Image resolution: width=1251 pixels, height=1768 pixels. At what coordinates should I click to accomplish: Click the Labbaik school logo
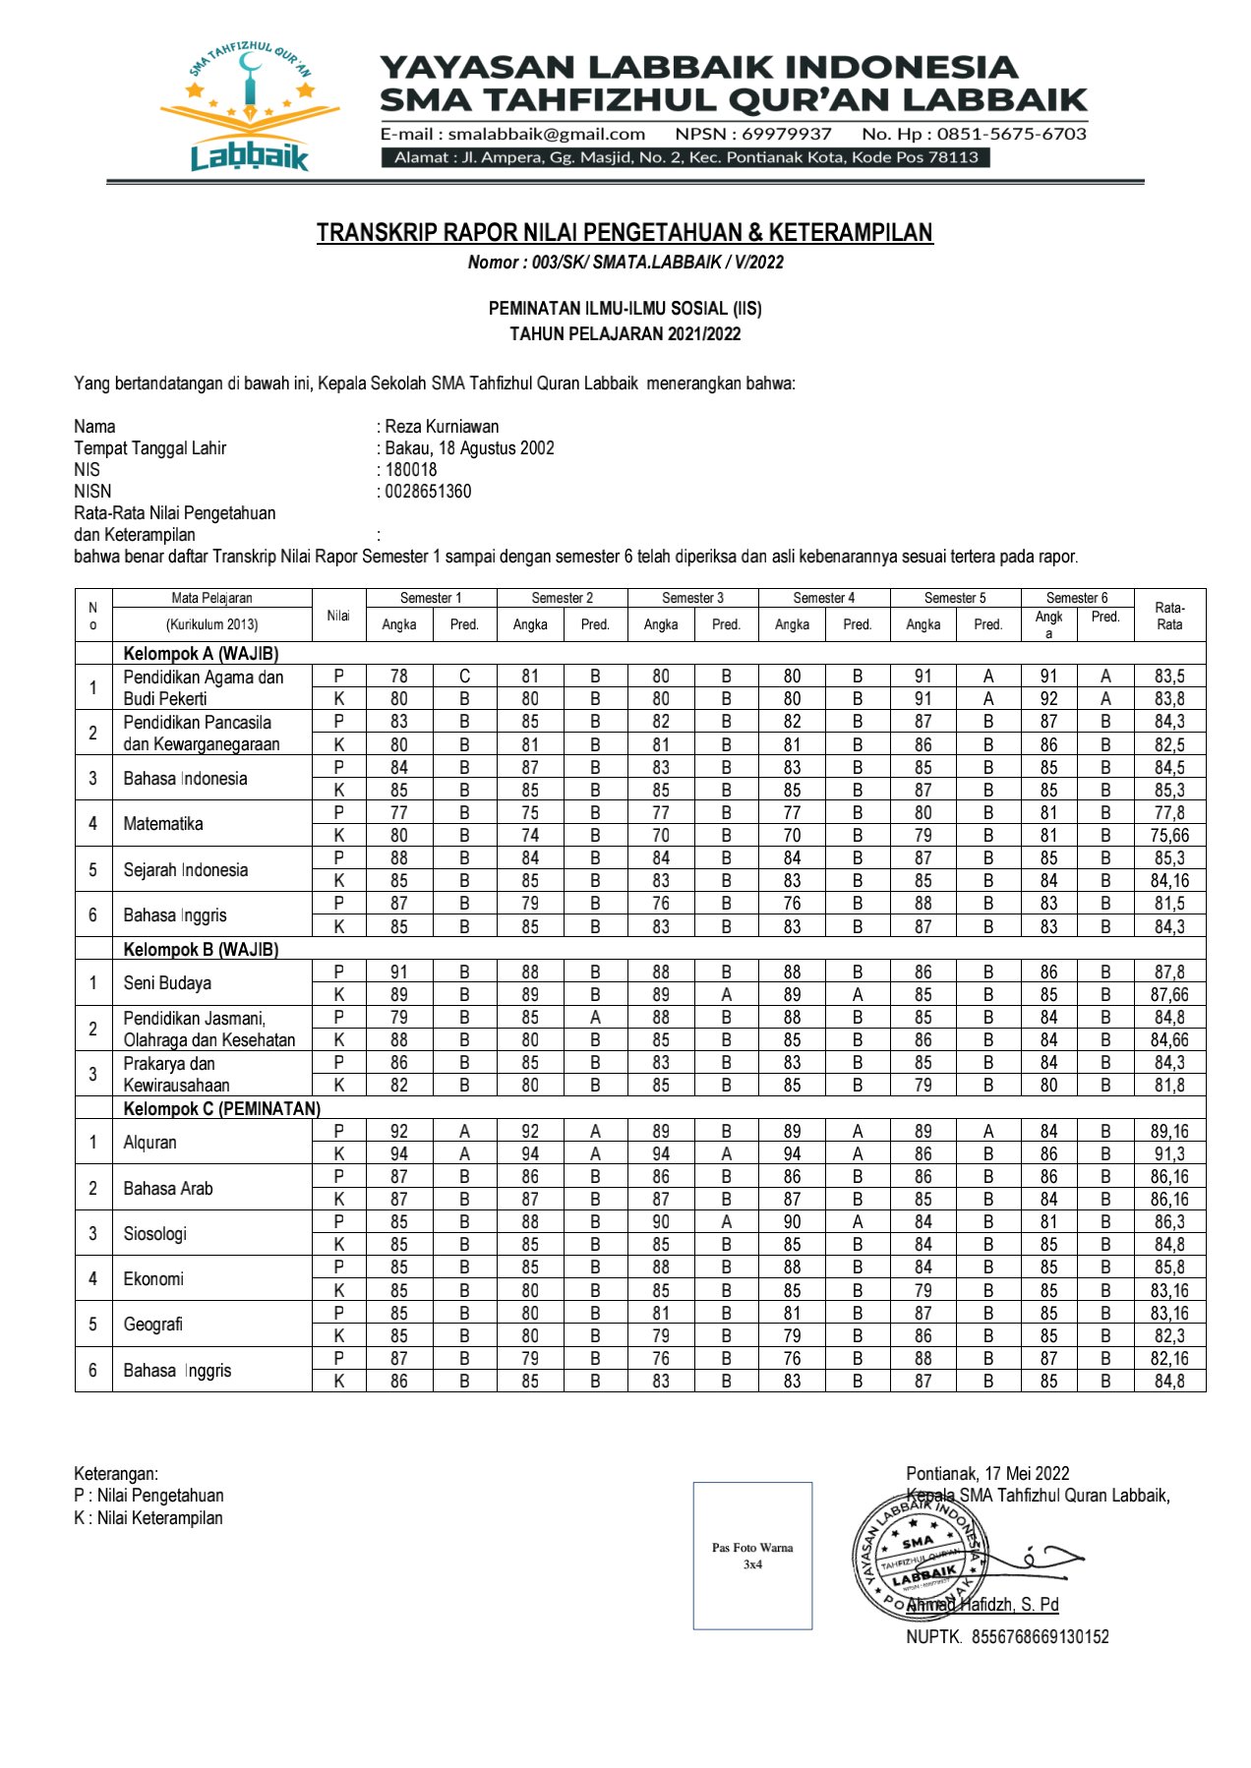(250, 108)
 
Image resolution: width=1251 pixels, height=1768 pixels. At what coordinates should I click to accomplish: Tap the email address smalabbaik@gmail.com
(546, 134)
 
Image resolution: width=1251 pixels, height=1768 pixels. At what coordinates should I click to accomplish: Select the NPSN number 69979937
(786, 134)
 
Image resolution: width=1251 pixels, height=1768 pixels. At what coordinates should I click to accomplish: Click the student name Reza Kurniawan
(442, 427)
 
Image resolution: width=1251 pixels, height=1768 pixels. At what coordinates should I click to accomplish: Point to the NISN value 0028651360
(428, 492)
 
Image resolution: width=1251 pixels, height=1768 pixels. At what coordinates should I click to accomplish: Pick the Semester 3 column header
(692, 598)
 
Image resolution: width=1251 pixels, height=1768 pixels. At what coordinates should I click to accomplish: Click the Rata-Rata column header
(1169, 616)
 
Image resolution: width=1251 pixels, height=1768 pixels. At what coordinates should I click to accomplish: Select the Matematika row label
(163, 824)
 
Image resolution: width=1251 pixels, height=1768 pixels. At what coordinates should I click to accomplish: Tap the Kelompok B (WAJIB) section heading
(201, 950)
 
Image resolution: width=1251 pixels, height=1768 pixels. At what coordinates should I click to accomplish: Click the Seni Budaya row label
(167, 983)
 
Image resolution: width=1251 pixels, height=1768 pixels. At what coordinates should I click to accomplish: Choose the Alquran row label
(150, 1143)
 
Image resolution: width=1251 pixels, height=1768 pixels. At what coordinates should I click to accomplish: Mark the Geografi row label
(153, 1325)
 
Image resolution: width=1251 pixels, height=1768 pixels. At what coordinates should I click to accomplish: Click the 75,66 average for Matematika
(1169, 836)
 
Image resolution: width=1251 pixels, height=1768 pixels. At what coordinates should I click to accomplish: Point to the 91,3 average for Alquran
(1169, 1154)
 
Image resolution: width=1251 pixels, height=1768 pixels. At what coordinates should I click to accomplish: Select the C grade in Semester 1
(464, 677)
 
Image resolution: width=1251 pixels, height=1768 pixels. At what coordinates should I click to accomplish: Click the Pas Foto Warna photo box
(752, 1556)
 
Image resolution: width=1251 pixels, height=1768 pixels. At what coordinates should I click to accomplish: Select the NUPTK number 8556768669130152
(1040, 1637)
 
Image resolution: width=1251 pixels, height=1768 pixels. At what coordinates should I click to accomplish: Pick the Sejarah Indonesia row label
(186, 870)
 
